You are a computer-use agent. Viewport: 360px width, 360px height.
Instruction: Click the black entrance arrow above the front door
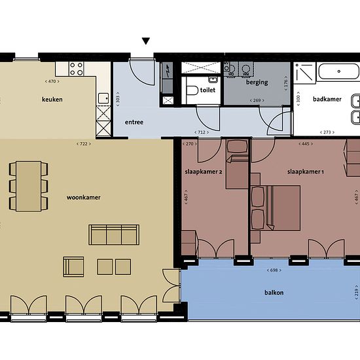146,41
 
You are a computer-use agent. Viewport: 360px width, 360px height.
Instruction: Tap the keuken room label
52,99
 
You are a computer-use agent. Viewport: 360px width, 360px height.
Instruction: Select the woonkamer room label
84,198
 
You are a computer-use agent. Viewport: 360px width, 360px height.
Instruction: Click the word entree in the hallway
134,122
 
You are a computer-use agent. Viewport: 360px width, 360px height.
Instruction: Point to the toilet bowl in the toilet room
192,90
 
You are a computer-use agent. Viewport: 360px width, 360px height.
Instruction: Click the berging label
257,82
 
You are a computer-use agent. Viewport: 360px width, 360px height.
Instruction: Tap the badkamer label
327,99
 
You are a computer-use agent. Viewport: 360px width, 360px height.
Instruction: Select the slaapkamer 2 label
204,171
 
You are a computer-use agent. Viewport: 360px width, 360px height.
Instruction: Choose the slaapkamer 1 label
306,171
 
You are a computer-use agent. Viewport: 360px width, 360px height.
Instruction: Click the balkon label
274,293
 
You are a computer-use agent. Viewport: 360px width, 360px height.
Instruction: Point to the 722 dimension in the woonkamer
84,144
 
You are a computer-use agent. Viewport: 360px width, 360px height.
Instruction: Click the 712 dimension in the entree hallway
202,132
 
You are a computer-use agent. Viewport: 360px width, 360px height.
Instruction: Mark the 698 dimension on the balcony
274,270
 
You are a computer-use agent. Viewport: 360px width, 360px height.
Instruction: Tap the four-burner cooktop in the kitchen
76,69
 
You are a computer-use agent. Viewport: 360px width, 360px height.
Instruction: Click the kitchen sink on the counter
103,98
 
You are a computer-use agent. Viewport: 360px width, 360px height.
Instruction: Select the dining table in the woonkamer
28,186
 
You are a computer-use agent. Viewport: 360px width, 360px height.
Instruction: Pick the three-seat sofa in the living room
114,234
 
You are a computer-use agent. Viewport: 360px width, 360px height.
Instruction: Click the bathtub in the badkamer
338,71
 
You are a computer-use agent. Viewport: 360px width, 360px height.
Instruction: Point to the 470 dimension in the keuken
52,81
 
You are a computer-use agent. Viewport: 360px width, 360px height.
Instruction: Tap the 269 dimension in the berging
257,100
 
